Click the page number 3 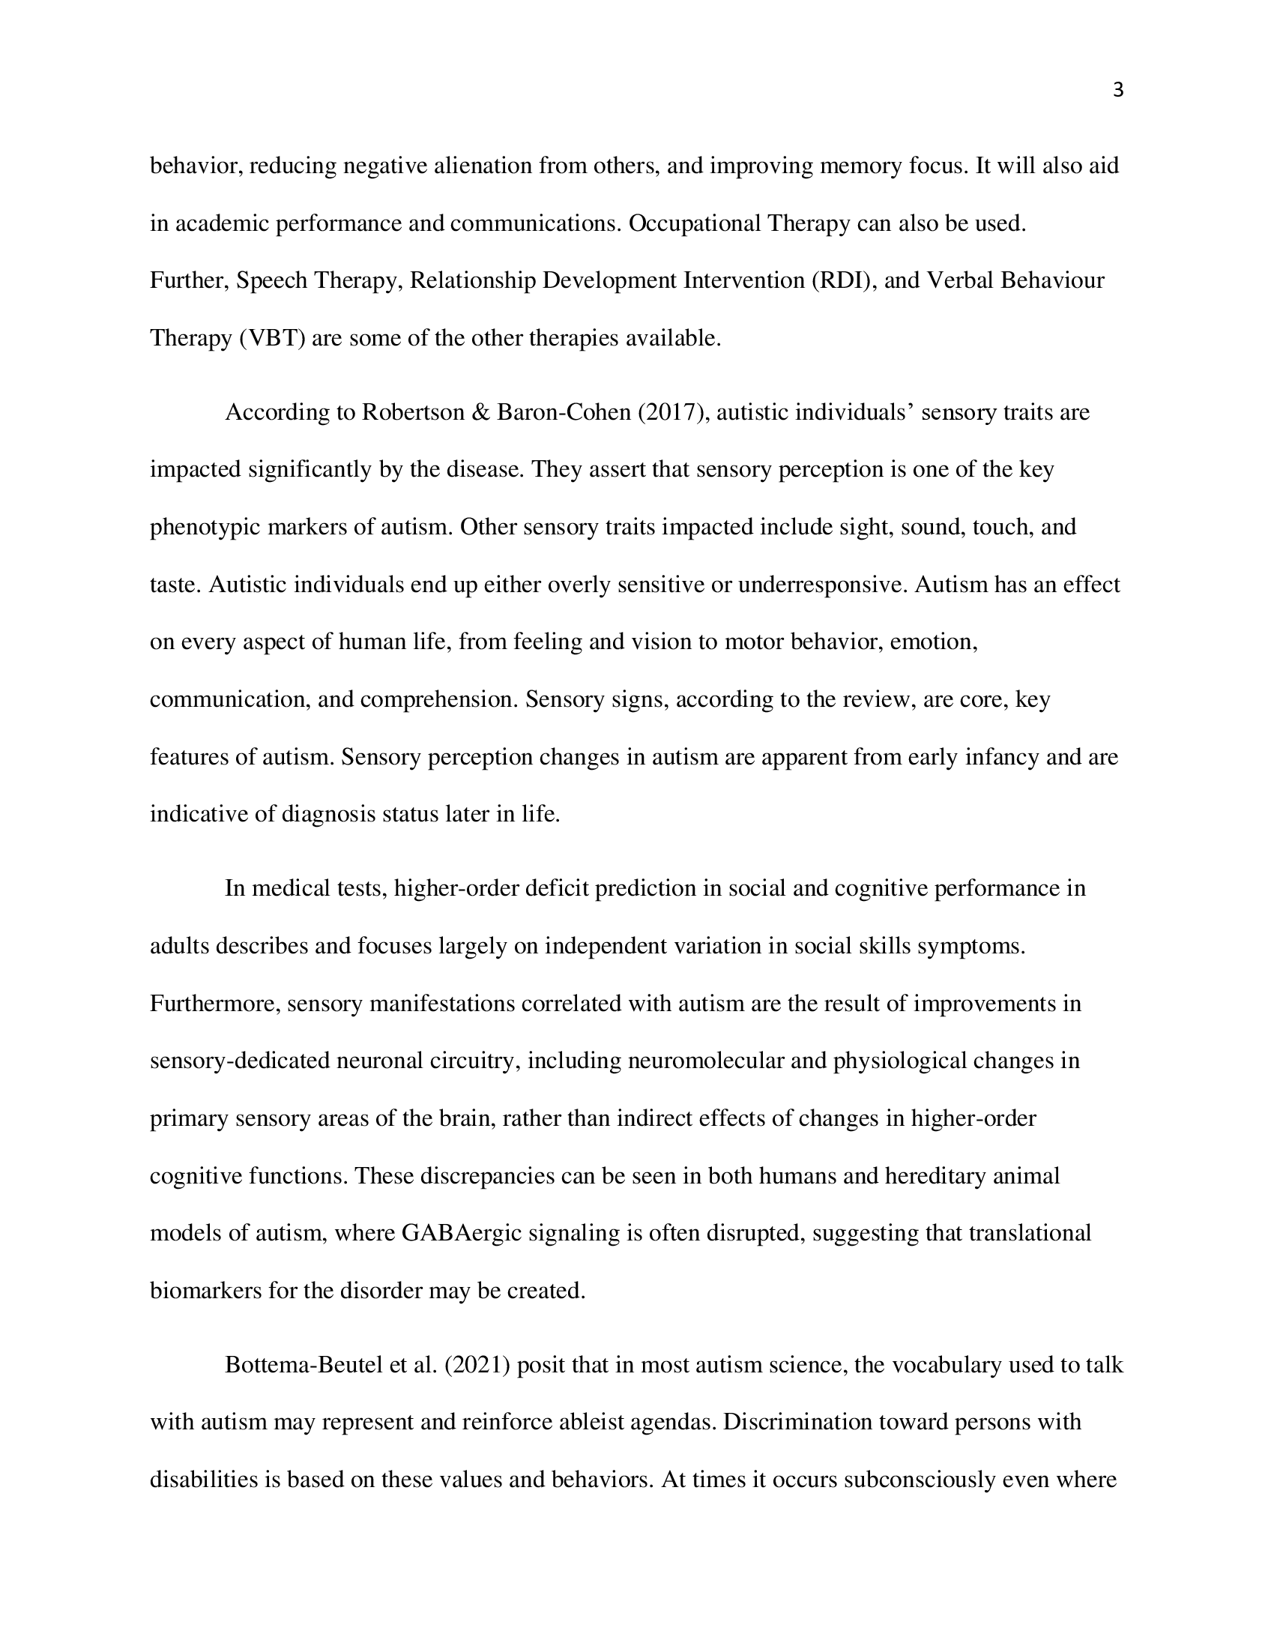point(1118,91)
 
